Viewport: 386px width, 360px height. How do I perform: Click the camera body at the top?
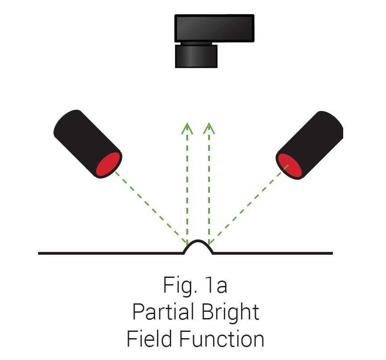[x=214, y=28]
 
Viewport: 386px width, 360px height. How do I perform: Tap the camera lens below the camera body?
[x=196, y=56]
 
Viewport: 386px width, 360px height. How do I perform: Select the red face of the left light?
[x=108, y=164]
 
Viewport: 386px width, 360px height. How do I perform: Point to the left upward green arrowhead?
[x=187, y=128]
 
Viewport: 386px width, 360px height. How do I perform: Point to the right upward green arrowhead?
[x=209, y=128]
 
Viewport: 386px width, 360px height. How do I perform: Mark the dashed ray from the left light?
[x=151, y=207]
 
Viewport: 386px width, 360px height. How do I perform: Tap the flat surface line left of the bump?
[x=111, y=253]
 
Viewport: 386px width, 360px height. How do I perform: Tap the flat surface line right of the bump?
[x=273, y=253]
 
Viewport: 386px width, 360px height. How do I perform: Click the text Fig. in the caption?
[x=180, y=286]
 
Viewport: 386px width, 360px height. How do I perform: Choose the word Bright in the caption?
[x=230, y=313]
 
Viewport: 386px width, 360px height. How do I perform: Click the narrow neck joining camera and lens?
[x=196, y=43]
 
